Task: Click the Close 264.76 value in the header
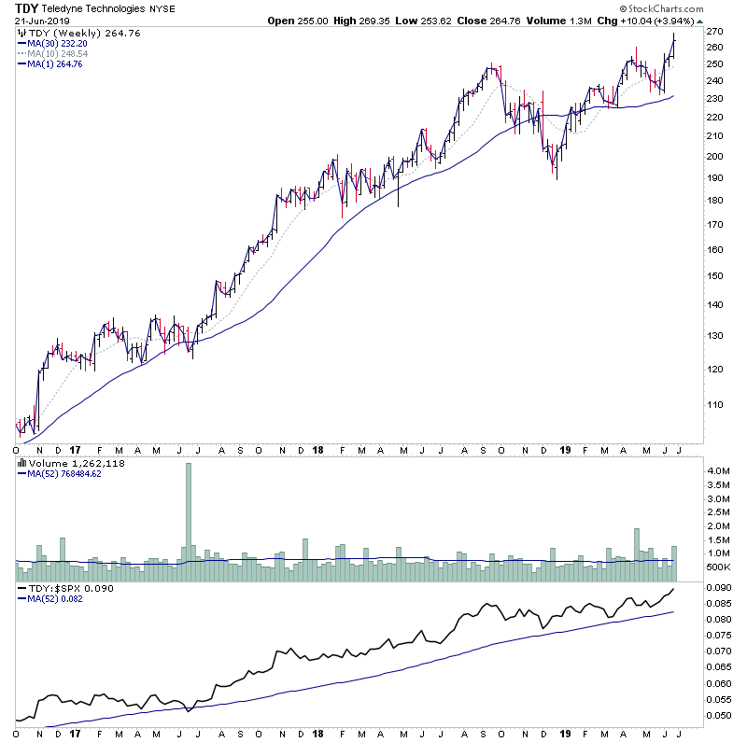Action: point(472,20)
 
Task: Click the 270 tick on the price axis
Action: point(714,31)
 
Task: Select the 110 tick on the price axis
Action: point(714,405)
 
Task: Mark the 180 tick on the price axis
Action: point(714,201)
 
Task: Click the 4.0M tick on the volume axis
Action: point(716,471)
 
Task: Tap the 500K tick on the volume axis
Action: point(716,567)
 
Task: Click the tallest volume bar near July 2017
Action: point(188,513)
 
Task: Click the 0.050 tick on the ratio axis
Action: point(716,714)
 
